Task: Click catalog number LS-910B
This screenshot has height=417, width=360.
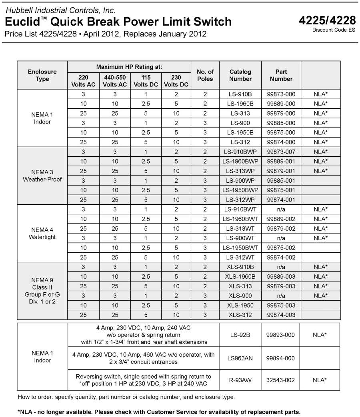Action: coord(240,94)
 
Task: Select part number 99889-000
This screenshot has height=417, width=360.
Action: coord(281,104)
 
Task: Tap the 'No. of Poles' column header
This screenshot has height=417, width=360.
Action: coord(205,75)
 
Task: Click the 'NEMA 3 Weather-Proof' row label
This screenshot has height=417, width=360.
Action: coord(42,176)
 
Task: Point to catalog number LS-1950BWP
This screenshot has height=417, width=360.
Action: coord(240,190)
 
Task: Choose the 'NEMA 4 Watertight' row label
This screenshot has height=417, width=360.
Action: coord(42,233)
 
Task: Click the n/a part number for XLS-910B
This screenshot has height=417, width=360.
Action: coord(281,267)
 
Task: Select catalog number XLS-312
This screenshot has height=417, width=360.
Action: coord(240,315)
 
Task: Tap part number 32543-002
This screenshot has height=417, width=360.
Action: coord(281,380)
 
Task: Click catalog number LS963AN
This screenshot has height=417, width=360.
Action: coord(240,358)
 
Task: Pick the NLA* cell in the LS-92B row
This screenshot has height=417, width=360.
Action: coord(320,335)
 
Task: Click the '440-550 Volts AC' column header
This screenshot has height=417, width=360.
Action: coord(115,81)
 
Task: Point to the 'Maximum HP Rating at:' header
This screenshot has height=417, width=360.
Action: coord(129,66)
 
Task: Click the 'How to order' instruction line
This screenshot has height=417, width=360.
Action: coord(126,397)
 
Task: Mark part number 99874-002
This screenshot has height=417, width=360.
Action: coord(281,257)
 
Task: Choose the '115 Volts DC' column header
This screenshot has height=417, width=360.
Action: coord(146,81)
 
